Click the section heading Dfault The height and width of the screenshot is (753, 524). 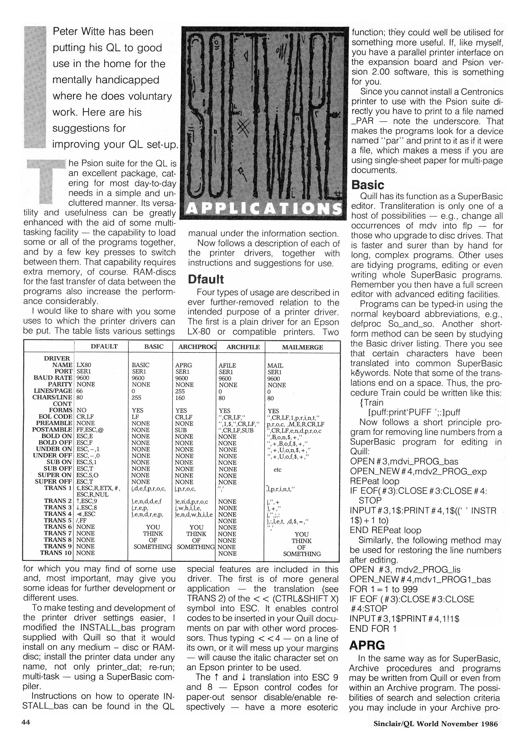206,279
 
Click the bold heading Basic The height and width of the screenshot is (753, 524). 368,185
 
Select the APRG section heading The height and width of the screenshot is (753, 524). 367,645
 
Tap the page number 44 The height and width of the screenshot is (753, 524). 26,722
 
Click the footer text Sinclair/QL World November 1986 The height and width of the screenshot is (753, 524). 435,724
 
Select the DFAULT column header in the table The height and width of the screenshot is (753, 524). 104,346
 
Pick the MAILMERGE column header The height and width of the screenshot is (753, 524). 302,347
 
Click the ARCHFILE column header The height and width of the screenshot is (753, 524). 243,347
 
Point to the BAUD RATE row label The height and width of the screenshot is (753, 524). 53,378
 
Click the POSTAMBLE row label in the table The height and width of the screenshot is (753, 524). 52,429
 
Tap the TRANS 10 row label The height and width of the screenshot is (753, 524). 56,553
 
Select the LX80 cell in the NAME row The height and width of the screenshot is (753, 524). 84,365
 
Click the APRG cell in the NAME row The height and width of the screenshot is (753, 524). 184,365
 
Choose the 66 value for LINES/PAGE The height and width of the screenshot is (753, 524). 80,391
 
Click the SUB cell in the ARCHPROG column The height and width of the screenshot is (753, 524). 181,430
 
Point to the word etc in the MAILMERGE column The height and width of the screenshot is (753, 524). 277,469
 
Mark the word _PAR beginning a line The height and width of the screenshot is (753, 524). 362,121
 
